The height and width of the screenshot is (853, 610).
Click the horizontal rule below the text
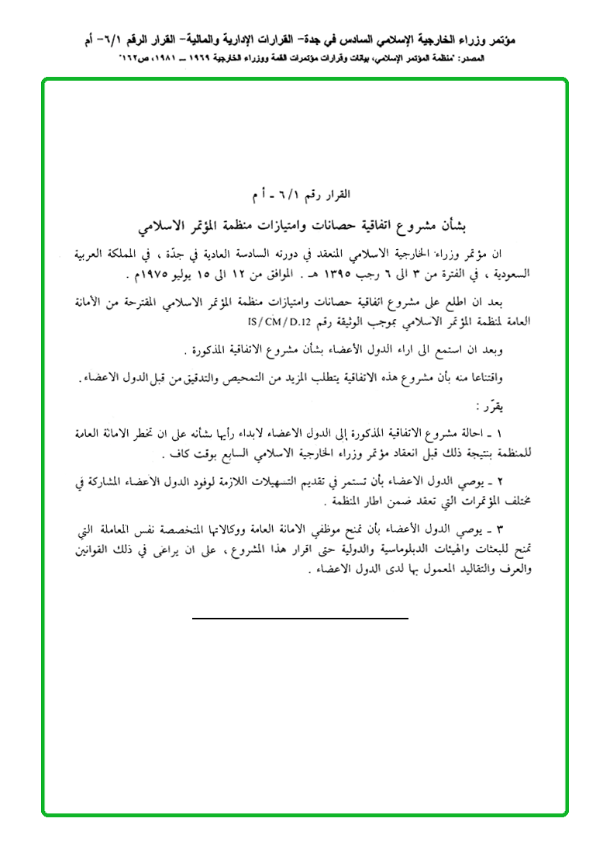[x=300, y=618]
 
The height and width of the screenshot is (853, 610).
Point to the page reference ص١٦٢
[x=133, y=58]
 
